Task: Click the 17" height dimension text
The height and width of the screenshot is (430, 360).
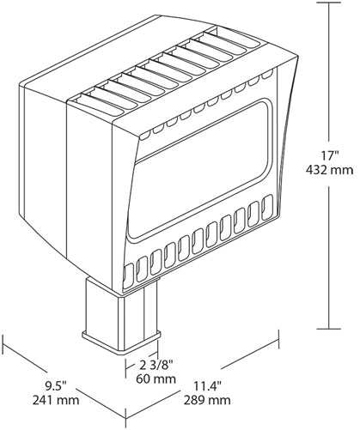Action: pos(330,156)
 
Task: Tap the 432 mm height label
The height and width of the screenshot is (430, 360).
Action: pos(329,171)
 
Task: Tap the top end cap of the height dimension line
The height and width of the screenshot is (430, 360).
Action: pos(328,3)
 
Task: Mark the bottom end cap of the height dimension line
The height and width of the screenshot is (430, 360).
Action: pos(328,329)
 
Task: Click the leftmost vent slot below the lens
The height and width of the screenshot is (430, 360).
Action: pos(128,276)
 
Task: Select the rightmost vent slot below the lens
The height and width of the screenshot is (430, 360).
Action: pos(268,207)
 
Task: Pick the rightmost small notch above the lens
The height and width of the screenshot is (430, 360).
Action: pos(267,75)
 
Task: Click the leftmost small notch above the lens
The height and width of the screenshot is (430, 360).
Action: pos(145,135)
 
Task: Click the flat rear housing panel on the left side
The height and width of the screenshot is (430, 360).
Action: pos(43,163)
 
